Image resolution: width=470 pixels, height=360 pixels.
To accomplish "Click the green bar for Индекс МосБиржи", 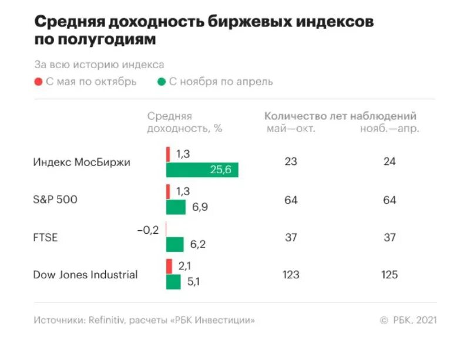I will [202, 170].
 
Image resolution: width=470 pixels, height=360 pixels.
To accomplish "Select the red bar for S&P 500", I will [168, 191].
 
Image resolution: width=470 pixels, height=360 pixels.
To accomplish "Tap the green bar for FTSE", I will [175, 244].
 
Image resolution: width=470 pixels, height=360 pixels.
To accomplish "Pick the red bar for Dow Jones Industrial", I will [169, 266].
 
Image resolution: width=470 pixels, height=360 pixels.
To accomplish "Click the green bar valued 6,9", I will [176, 207].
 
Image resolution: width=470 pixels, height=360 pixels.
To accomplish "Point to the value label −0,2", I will [147, 230].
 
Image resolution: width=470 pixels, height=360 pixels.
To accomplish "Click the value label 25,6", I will [221, 170].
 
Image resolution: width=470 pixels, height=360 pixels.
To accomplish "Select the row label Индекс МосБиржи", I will [82, 162].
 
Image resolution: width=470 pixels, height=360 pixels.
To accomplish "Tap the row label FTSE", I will [46, 237].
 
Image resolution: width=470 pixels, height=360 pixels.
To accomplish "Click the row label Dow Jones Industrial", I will [85, 274].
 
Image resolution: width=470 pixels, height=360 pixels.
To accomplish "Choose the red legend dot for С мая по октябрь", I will [38, 82].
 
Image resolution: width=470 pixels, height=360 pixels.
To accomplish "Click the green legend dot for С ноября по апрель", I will [161, 82].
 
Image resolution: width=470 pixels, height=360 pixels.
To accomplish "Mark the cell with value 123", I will [291, 274].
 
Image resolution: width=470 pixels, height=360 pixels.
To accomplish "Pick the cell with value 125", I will [389, 274].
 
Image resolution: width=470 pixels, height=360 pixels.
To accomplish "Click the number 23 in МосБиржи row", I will [291, 162].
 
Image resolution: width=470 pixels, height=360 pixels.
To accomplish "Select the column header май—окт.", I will [291, 129].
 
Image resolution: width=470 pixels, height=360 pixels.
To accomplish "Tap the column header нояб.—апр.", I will [389, 129].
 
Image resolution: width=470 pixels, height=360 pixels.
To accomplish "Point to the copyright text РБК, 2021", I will [415, 321].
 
